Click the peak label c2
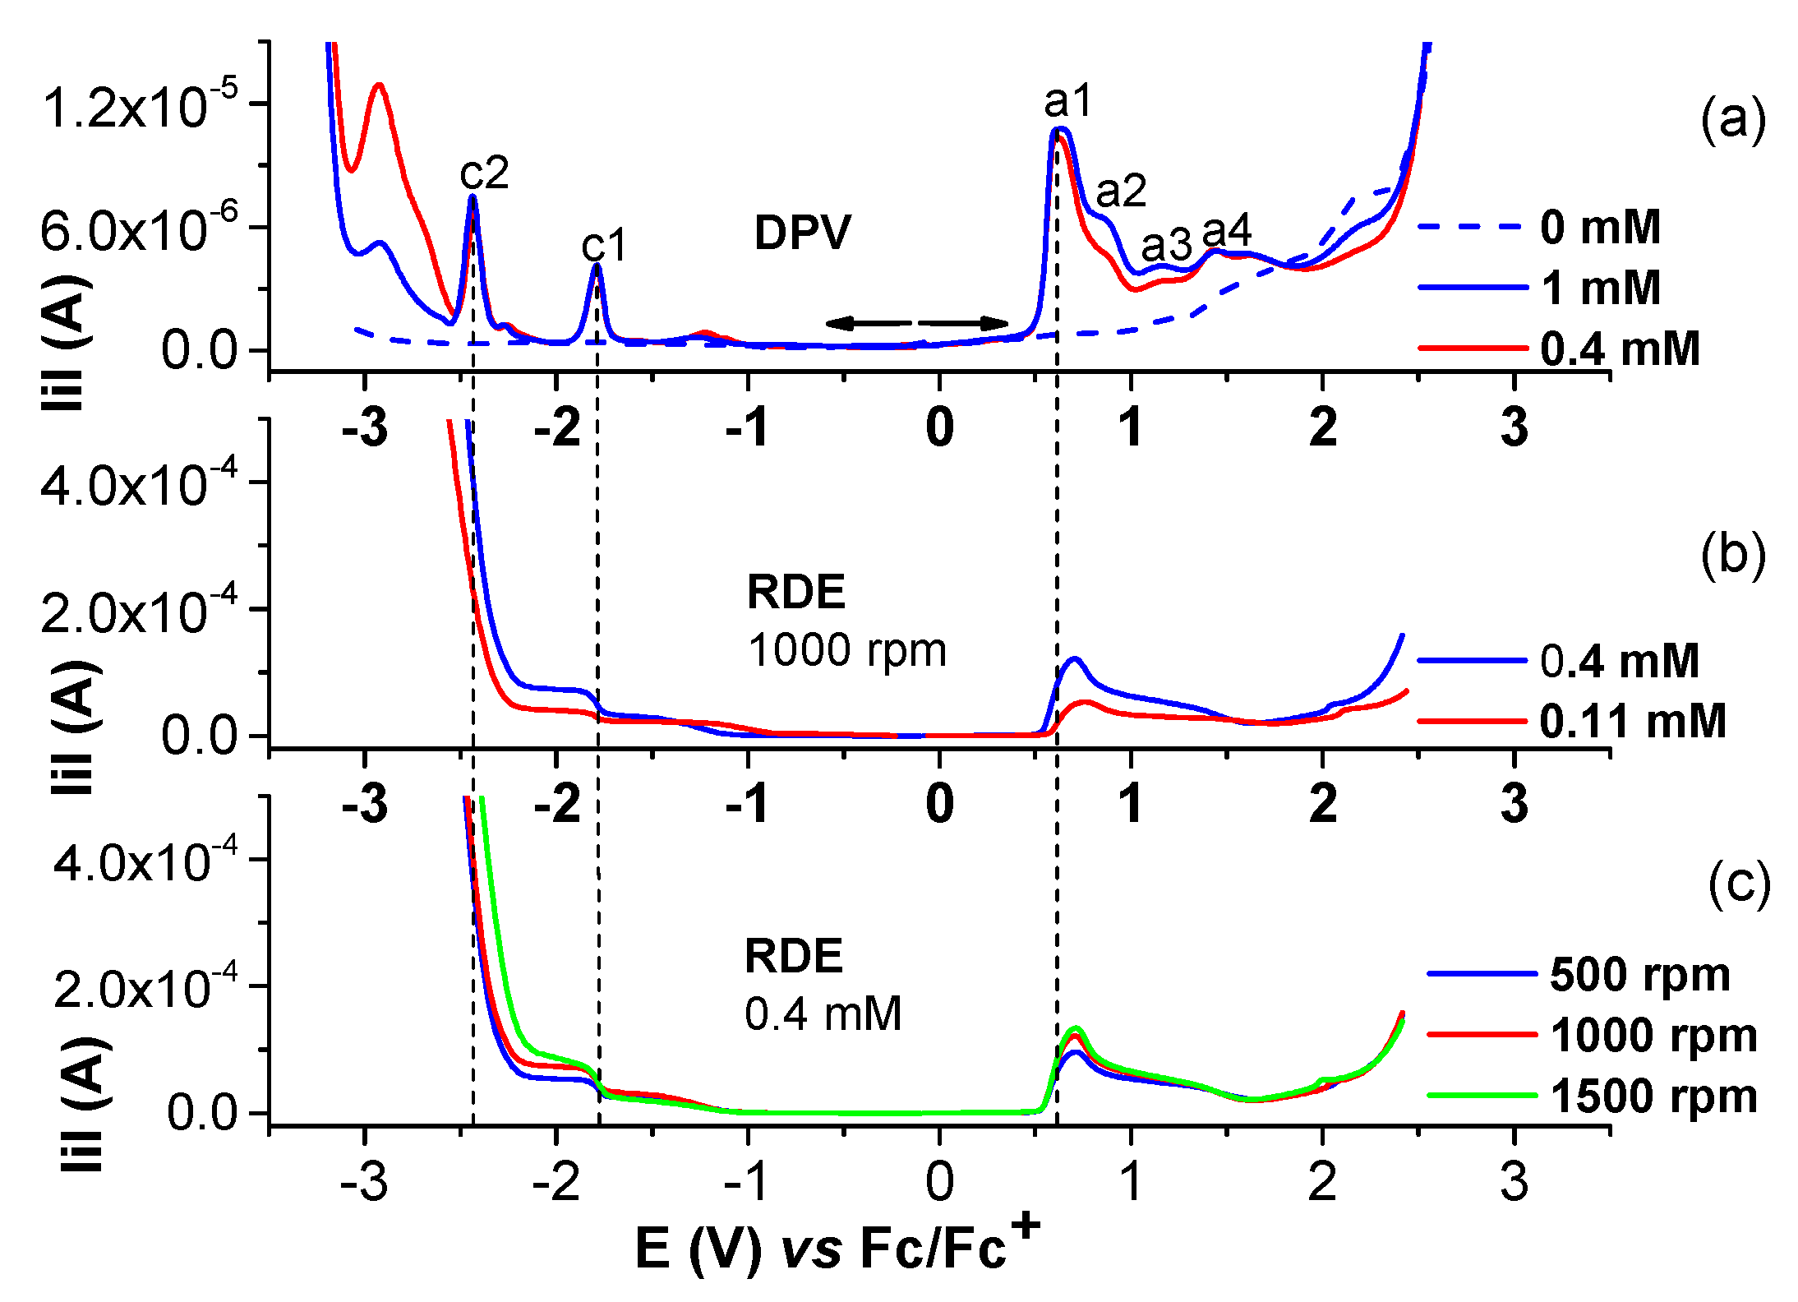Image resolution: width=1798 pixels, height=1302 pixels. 484,173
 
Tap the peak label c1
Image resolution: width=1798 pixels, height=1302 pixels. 604,245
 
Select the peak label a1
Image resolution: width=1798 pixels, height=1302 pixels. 1067,102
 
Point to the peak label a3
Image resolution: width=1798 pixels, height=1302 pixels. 1165,244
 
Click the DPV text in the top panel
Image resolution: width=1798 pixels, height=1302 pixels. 802,233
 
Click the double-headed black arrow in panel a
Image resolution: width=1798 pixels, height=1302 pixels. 916,323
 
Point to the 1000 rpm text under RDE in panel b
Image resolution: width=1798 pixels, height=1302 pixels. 846,650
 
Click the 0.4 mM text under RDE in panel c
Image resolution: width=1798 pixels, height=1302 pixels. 823,1013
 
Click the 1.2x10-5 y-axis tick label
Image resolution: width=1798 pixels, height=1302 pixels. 140,106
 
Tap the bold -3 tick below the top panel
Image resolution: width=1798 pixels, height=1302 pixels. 365,427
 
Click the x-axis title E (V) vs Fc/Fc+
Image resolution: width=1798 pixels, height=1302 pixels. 837,1248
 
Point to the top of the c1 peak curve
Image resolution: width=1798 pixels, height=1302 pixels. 597,265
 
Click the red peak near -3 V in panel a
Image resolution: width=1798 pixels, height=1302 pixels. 379,84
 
